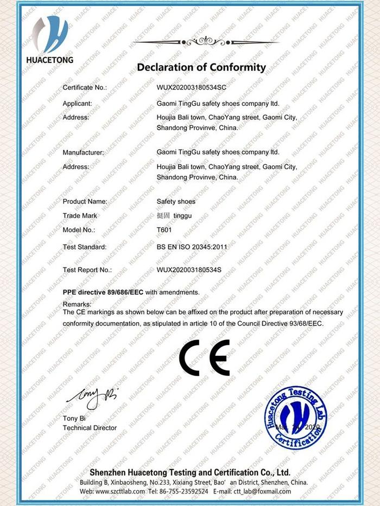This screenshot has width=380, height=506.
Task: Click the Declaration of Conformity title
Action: coord(201,68)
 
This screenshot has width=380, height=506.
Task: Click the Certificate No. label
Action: coord(85,87)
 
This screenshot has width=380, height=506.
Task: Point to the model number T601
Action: coord(163,229)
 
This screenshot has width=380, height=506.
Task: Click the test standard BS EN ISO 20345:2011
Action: coord(192,247)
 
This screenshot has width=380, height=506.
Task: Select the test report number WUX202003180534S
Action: coord(189,270)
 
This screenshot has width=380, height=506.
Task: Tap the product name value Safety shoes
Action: coord(176,201)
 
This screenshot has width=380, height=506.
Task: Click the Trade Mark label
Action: coord(80,215)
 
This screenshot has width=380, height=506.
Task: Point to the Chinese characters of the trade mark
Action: coord(163,215)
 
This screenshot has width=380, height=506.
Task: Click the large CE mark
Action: coord(205,357)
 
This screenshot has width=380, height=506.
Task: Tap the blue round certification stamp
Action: coord(296,418)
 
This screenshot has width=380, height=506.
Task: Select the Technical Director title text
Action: coord(90,428)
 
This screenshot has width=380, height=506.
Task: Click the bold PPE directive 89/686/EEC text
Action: coord(103,292)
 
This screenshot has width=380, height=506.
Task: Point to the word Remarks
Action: coord(77,304)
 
